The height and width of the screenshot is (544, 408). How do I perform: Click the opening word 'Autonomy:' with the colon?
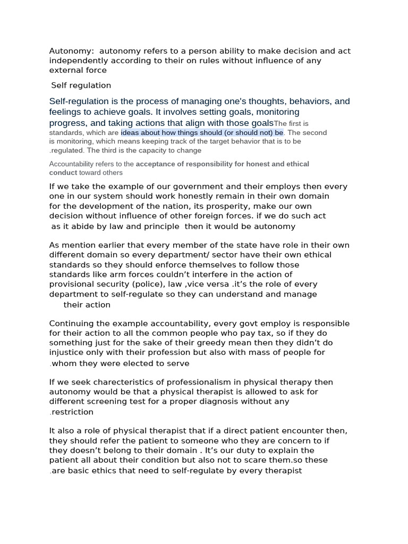click(71, 52)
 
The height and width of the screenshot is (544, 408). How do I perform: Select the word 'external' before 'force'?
click(65, 70)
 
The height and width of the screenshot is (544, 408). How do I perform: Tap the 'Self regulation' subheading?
click(81, 86)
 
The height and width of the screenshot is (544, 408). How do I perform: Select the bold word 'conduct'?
click(63, 173)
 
